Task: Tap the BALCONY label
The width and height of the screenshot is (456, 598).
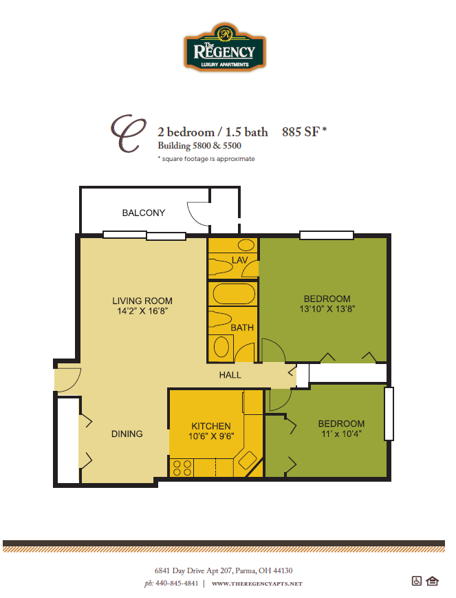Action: [x=143, y=213]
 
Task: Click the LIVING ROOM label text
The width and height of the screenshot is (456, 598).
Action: [x=142, y=301]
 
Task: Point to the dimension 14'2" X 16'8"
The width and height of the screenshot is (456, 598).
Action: [x=142, y=311]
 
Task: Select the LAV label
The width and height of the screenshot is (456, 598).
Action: [x=239, y=259]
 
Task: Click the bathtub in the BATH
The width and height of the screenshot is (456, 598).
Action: [x=232, y=295]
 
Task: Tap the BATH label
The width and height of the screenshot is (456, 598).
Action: [x=242, y=328]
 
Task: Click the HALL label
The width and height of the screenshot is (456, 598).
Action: [x=230, y=375]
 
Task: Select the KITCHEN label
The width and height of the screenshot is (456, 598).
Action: [x=210, y=426]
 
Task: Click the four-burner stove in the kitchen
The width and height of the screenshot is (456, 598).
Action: [x=182, y=469]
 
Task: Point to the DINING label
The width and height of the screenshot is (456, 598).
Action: [x=127, y=434]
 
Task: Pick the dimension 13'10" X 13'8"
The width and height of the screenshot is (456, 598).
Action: [x=327, y=309]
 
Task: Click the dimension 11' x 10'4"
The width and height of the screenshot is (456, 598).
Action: [x=340, y=434]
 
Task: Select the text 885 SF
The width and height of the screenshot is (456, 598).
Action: [x=301, y=132]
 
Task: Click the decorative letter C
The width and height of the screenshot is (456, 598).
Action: [x=129, y=133]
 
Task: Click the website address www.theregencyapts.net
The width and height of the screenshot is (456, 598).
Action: [x=257, y=584]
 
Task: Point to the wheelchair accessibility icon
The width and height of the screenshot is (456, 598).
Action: [x=416, y=581]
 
